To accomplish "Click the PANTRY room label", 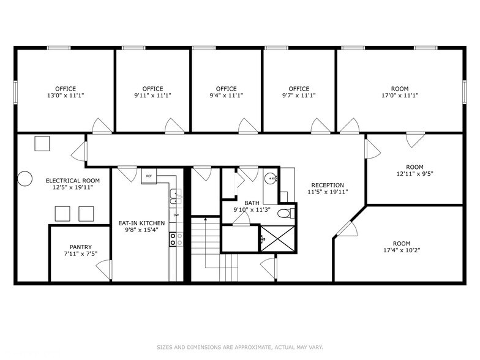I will point(80,247).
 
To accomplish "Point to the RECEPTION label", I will point(328,185).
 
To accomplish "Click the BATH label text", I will point(252,203).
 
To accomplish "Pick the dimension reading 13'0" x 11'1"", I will point(65,96).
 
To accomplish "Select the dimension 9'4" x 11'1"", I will point(226,96).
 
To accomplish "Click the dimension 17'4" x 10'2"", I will point(402,250).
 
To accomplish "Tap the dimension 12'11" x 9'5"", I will point(414,174).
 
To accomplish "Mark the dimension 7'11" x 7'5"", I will point(80,254).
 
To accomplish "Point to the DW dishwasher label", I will point(176,215).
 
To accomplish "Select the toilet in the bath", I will point(284,214).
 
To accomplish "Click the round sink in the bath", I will point(272,179).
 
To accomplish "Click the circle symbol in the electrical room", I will point(25,178).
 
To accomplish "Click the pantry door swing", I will point(104,268).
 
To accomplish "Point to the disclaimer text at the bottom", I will point(239,347).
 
